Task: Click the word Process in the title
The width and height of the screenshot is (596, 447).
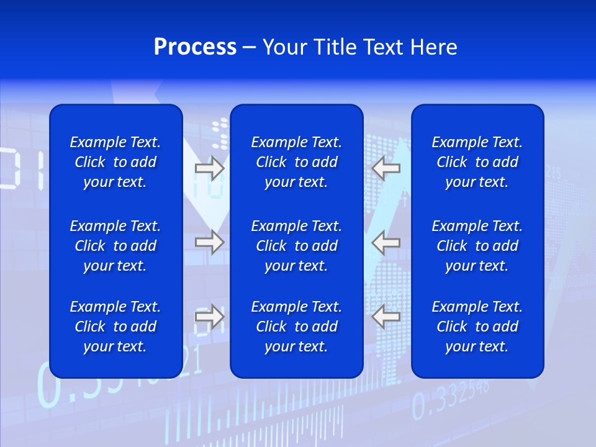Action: click(x=195, y=47)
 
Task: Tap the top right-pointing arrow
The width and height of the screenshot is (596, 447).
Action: click(x=209, y=168)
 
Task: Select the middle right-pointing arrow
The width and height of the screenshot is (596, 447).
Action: click(x=209, y=242)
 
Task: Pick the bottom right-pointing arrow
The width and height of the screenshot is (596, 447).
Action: click(x=209, y=317)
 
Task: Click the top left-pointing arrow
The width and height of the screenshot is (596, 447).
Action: click(x=386, y=168)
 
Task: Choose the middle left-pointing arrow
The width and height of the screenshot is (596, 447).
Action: click(x=386, y=242)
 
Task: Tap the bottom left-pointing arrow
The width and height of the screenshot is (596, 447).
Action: click(x=386, y=317)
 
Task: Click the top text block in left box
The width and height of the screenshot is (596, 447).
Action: click(x=115, y=162)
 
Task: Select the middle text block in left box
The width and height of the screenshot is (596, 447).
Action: click(x=115, y=246)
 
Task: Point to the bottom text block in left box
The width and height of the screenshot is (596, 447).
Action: click(x=115, y=327)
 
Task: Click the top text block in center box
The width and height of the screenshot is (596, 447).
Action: click(x=296, y=162)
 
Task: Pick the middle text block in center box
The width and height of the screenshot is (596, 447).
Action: click(x=296, y=246)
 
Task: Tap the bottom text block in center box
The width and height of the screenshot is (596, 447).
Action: click(x=296, y=327)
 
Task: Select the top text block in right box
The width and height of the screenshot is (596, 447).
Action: click(x=477, y=162)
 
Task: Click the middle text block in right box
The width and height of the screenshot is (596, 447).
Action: click(x=477, y=246)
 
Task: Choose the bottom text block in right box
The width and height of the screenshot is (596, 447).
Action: click(x=477, y=327)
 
